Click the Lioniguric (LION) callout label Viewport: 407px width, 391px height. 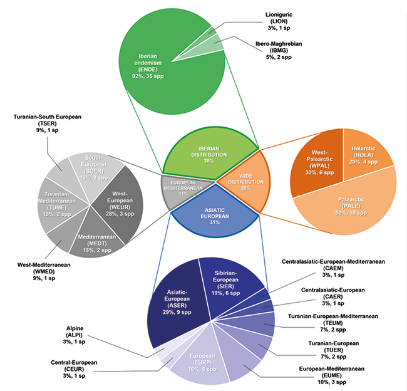(279, 21)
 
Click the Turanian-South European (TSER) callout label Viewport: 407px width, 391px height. (48, 123)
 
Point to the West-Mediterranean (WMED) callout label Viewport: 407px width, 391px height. (44, 271)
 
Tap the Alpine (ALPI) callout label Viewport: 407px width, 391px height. (75, 335)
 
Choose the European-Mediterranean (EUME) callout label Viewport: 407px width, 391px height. (332, 375)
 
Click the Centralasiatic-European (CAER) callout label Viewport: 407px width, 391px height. (333, 296)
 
